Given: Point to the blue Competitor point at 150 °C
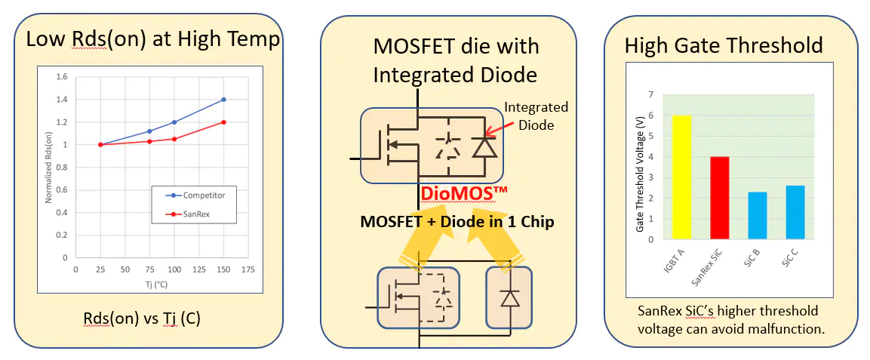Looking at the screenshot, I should pyautogui.click(x=224, y=100).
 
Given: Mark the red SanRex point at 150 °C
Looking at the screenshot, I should pyautogui.click(x=224, y=122).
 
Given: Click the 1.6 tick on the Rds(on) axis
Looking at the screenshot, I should pyautogui.click(x=62, y=77).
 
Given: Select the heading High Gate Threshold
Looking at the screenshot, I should pyautogui.click(x=723, y=45).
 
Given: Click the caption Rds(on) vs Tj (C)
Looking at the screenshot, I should pyautogui.click(x=142, y=318).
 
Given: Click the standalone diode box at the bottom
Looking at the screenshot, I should pyautogui.click(x=511, y=297).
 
